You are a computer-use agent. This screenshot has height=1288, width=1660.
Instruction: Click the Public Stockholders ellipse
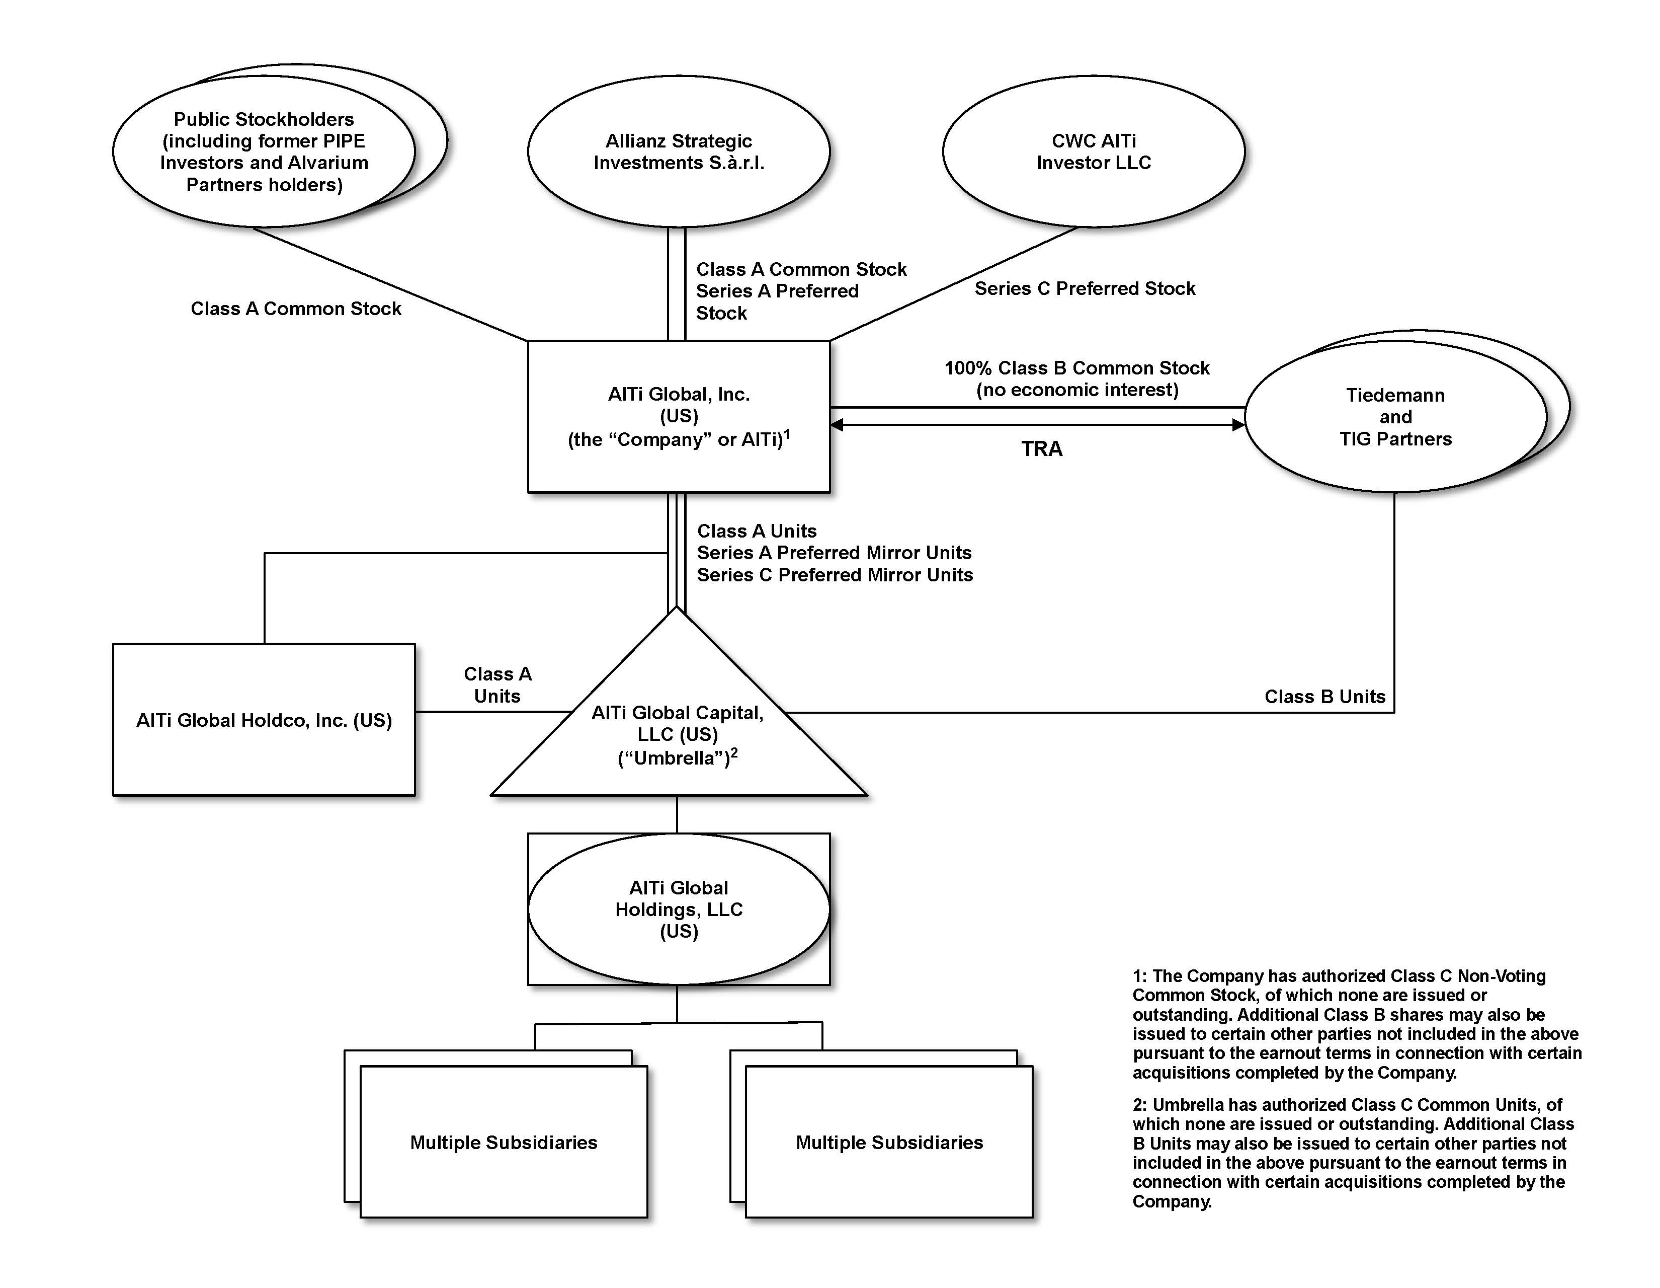pyautogui.click(x=264, y=151)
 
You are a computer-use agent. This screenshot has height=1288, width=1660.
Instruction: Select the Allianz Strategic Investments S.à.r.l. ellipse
pyautogui.click(x=678, y=151)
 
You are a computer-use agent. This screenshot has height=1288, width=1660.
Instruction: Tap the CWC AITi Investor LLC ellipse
pyautogui.click(x=1093, y=151)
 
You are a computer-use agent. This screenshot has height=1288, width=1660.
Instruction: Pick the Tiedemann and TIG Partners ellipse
pyautogui.click(x=1395, y=417)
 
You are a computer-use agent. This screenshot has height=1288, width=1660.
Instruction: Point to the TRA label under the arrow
pyautogui.click(x=1041, y=448)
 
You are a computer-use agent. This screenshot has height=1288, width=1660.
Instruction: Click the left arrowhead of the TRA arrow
pyautogui.click(x=837, y=424)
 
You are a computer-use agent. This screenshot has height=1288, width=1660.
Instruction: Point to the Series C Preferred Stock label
pyautogui.click(x=1085, y=288)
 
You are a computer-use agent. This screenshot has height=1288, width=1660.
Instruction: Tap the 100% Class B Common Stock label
pyautogui.click(x=1076, y=368)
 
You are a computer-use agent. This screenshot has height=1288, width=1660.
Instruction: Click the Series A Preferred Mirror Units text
pyautogui.click(x=834, y=553)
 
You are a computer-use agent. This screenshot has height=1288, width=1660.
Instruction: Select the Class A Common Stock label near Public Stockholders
pyautogui.click(x=296, y=308)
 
